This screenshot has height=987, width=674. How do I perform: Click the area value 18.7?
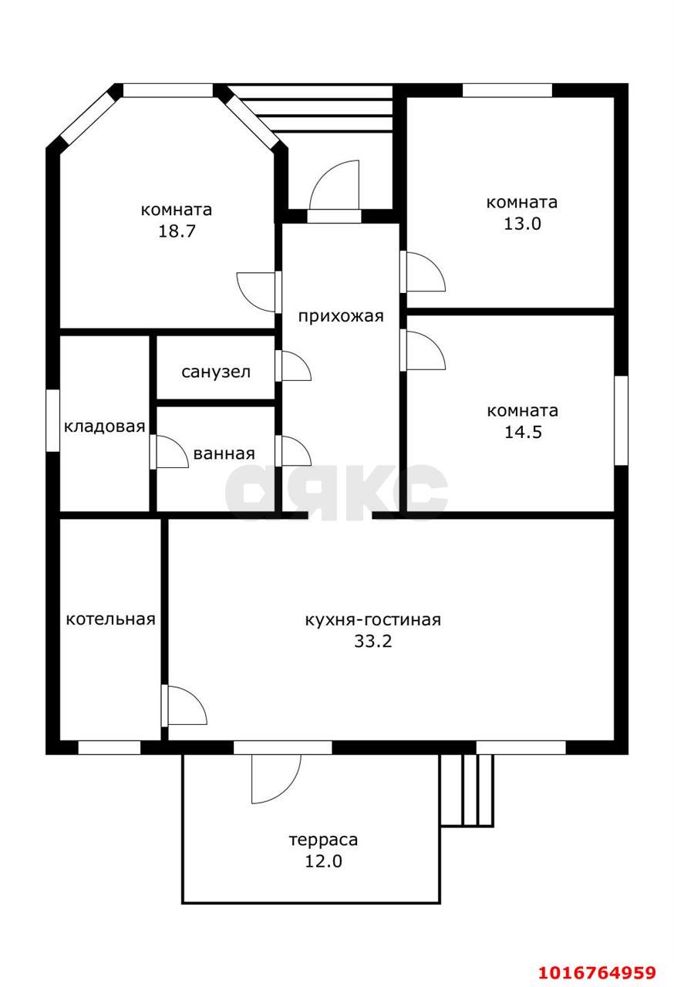pos(177,231)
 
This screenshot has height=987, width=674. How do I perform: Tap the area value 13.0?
pos(522,224)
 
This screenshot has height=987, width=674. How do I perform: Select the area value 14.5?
pos(523,432)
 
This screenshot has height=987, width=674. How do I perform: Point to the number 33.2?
pos(373,641)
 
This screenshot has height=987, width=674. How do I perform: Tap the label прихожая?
pos(341,316)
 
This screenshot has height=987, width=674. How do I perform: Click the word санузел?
pos(216,372)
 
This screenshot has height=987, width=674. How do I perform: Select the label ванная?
pos(224,454)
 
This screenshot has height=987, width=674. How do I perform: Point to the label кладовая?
pos(104,426)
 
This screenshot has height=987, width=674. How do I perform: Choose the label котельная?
pos(110,619)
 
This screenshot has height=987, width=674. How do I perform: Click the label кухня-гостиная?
pos(373,620)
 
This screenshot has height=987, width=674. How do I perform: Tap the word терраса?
pos(323,840)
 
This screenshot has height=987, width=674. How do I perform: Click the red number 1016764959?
pos(598,972)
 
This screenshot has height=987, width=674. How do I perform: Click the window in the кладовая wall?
pos(53,420)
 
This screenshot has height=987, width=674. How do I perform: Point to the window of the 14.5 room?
pos(621,420)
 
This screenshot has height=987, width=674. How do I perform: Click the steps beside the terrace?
pos(467,790)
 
